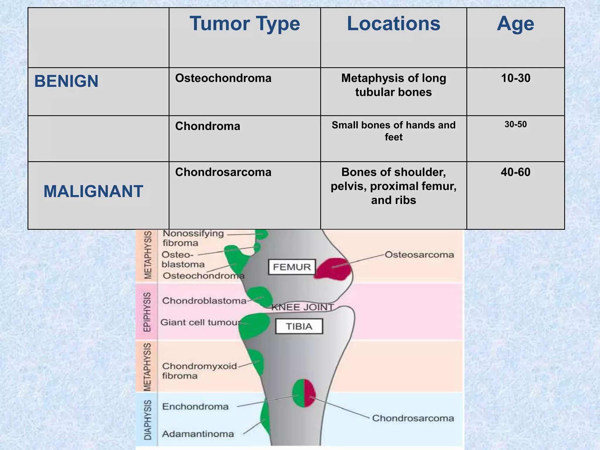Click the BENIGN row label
[x=67, y=81]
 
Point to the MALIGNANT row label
[x=93, y=192]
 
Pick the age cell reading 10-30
[x=515, y=78]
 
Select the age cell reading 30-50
[x=515, y=125]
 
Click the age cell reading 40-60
[x=515, y=172]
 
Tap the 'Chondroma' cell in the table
[x=208, y=126]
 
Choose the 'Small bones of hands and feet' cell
[x=393, y=131]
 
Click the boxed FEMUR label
[x=292, y=267]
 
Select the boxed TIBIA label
[x=299, y=326]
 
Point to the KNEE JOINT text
[x=302, y=307]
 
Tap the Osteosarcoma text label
[x=419, y=255]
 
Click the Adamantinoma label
[x=198, y=434]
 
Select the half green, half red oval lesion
[x=304, y=393]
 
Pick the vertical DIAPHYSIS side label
[x=148, y=420]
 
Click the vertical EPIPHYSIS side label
[x=148, y=312]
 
